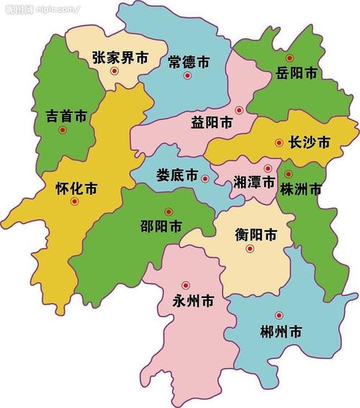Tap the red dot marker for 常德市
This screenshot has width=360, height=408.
(187, 75)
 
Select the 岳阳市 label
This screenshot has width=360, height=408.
(296, 73)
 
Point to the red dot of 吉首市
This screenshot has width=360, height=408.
(63, 130)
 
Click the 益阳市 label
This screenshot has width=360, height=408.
(212, 123)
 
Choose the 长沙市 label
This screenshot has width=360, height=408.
(308, 143)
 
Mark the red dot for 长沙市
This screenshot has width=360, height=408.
(279, 143)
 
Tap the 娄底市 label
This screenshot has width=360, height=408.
(177, 175)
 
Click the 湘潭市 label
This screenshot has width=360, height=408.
(254, 183)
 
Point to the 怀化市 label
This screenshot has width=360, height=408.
(76, 189)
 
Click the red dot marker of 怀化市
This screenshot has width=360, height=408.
(74, 202)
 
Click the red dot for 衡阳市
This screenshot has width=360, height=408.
(250, 249)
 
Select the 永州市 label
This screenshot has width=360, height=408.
(193, 299)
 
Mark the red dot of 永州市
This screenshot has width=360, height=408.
(185, 285)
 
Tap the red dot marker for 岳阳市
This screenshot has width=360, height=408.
(289, 58)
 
